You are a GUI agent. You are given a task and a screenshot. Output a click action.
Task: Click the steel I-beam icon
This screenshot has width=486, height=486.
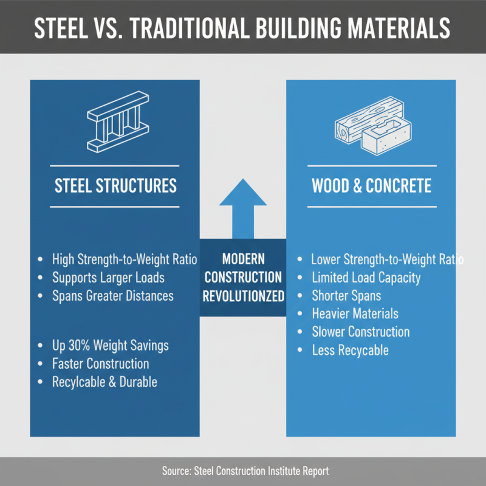[x=115, y=125]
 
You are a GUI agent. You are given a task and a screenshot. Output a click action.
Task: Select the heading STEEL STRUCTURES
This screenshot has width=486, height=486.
[x=115, y=185]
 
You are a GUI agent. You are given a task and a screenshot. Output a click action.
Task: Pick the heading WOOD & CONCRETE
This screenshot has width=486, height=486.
[x=371, y=185]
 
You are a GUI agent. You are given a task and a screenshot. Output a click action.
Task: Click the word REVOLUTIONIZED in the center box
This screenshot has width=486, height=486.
[x=244, y=296]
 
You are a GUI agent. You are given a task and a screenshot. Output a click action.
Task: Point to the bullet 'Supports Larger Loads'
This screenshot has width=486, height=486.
[x=109, y=278]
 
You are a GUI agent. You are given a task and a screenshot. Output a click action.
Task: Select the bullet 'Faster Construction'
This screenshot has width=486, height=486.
[x=101, y=364]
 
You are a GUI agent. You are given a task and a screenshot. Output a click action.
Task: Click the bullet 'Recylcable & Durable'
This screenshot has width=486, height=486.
[x=104, y=382]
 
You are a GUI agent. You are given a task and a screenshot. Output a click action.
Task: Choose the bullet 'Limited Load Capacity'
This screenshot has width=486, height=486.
[x=366, y=278]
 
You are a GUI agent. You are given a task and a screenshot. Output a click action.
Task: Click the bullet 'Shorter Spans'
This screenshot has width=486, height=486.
[x=346, y=296]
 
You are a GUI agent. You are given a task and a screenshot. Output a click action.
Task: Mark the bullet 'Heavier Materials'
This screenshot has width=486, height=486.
[x=355, y=313]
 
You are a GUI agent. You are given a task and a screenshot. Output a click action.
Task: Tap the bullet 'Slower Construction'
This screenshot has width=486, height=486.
[x=360, y=332]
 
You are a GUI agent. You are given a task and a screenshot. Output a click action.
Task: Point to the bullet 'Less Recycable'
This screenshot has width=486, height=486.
[x=350, y=350]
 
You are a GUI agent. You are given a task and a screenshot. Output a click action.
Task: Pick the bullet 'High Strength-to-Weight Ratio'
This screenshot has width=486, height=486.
[x=125, y=259]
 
